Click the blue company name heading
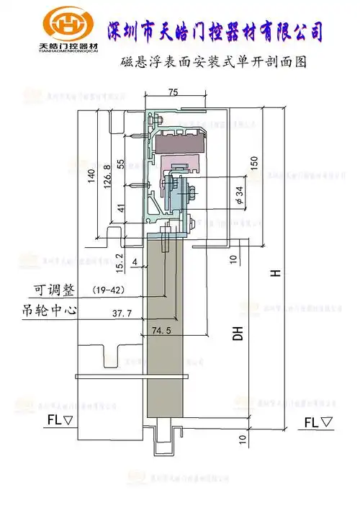point(214,31)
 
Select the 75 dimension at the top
point(174,92)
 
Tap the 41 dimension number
point(120,208)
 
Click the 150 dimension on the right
point(253,163)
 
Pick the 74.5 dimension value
point(163,331)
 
